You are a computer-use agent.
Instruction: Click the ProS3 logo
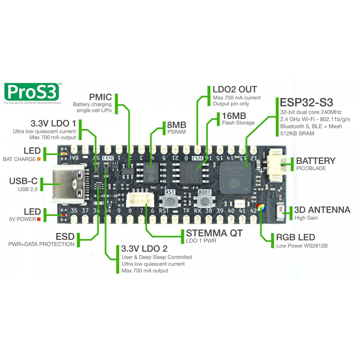31,92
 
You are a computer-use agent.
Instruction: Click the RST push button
170,201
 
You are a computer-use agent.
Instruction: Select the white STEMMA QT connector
138,199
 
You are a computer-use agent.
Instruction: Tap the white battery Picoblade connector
275,165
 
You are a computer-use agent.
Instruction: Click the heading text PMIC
100,97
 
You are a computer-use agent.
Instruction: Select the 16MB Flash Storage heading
234,116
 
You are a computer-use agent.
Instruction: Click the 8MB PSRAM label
176,125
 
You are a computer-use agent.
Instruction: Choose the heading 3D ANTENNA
322,210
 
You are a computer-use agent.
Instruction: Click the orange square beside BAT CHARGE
39,159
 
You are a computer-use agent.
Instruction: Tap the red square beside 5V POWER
38,219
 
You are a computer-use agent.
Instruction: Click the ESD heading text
65,236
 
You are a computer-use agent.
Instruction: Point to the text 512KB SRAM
297,133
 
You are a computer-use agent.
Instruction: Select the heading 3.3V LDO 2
144,249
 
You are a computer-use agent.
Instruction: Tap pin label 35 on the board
73,211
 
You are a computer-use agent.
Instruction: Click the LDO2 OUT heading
235,89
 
